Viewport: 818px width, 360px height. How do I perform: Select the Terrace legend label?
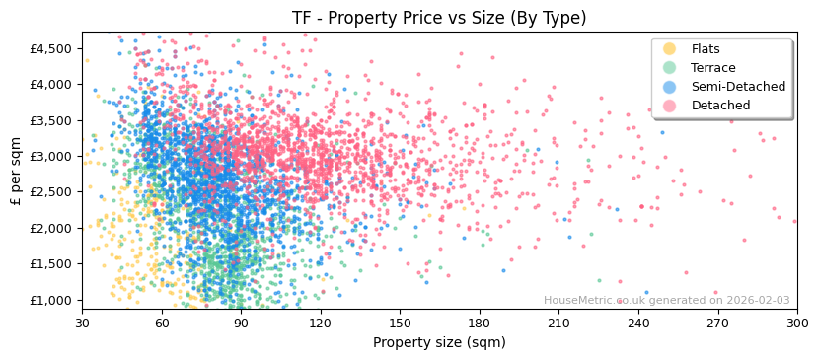pos(713,68)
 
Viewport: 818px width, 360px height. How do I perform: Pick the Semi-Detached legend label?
pos(738,87)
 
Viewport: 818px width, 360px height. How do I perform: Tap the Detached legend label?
pos(719,106)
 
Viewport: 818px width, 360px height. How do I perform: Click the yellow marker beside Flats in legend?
pos(670,49)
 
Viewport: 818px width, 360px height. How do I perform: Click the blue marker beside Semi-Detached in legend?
pos(670,87)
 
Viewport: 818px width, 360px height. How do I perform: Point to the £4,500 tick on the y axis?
pos(51,48)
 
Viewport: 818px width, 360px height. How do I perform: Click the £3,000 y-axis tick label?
pos(51,156)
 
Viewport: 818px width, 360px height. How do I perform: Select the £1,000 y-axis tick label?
pos(51,300)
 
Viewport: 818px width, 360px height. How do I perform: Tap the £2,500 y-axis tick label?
pos(51,192)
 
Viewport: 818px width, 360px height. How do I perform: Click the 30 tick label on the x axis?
pos(82,323)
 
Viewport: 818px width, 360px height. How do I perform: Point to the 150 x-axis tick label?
pos(400,323)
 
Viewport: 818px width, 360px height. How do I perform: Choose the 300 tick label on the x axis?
pos(796,323)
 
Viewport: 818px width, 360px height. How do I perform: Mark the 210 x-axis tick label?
pos(558,323)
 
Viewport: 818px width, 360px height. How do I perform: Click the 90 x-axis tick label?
pos(241,323)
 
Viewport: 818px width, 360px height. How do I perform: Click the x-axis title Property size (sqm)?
pos(439,342)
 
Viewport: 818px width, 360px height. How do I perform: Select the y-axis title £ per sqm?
pos(16,171)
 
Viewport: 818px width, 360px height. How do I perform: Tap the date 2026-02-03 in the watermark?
pos(758,301)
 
